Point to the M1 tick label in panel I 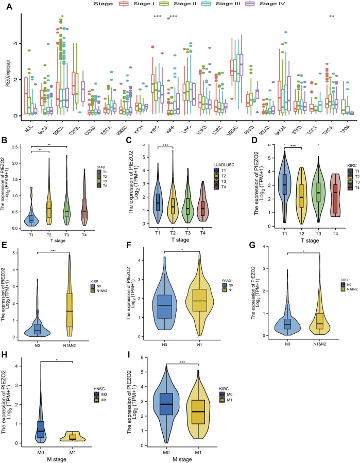(x=224, y=451)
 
